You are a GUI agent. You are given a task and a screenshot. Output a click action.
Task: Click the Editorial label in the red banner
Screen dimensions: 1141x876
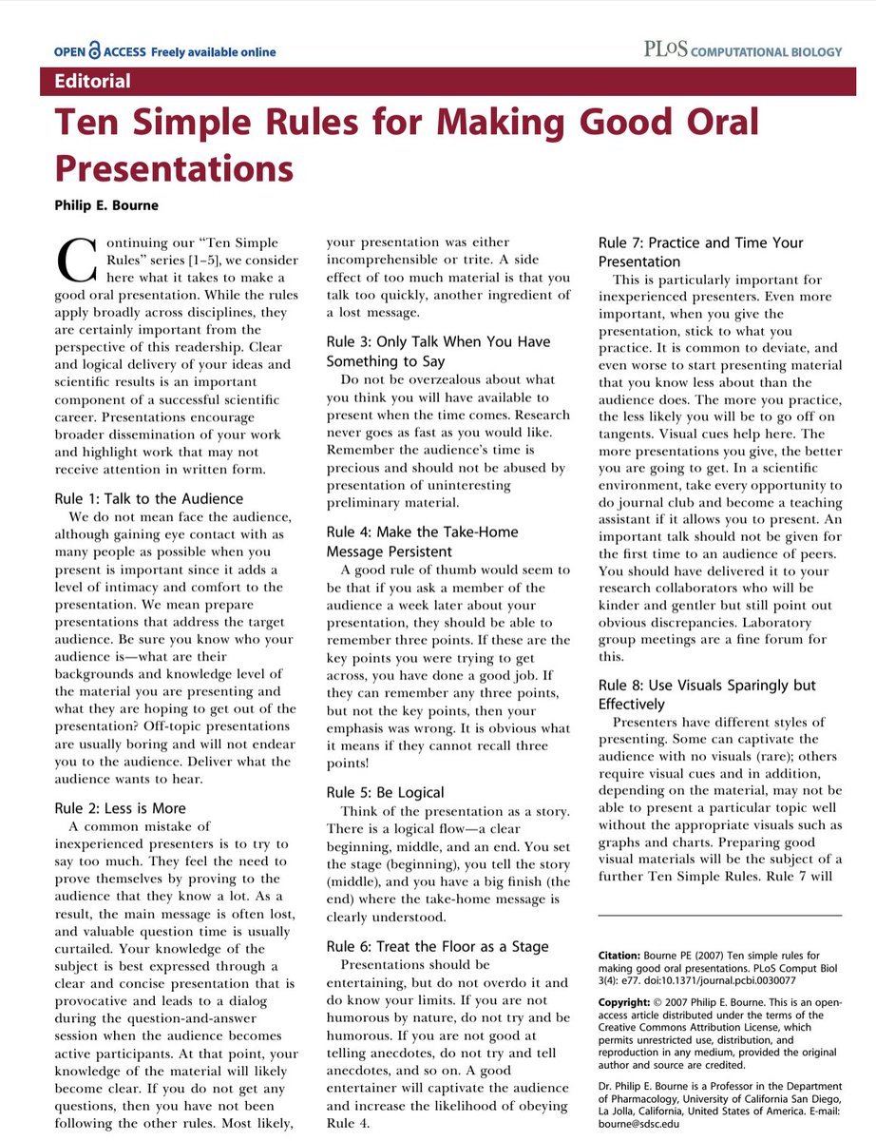pyautogui.click(x=92, y=81)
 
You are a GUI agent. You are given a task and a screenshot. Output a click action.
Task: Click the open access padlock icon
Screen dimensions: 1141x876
pyautogui.click(x=94, y=51)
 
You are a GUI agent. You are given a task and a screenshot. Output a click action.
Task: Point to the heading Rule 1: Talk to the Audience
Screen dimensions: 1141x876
pyautogui.click(x=148, y=498)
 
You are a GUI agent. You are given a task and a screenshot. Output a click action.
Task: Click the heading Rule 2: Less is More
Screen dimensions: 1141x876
pyautogui.click(x=121, y=808)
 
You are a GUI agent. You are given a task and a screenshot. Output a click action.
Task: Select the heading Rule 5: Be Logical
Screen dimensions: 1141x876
pyautogui.click(x=385, y=792)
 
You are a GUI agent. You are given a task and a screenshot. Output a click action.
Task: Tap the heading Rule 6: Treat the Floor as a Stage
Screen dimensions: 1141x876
pyautogui.click(x=437, y=946)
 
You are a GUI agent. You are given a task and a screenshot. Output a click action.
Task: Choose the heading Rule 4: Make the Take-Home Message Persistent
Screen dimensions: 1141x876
pyautogui.click(x=423, y=542)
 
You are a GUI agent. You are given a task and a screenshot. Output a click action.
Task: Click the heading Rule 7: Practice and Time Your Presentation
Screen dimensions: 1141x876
pyautogui.click(x=700, y=252)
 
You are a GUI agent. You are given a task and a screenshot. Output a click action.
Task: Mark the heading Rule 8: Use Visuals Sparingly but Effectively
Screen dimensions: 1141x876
pyautogui.click(x=707, y=695)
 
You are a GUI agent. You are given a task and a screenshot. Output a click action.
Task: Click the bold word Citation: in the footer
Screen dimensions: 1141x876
pyautogui.click(x=624, y=955)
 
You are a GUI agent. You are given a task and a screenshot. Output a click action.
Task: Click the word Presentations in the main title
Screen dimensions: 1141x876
pyautogui.click(x=174, y=168)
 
